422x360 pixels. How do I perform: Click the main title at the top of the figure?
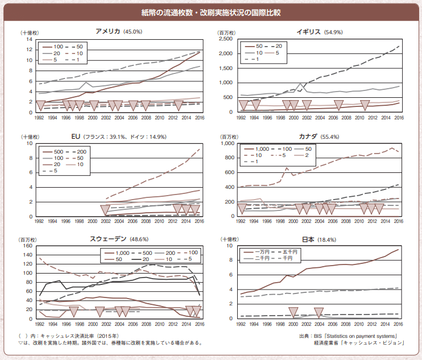click(x=211, y=12)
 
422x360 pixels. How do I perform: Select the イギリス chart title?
click(x=308, y=32)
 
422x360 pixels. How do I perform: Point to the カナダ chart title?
click(x=311, y=136)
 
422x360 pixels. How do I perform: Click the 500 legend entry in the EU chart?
click(x=59, y=152)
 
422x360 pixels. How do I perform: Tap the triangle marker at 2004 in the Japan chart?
click(x=319, y=312)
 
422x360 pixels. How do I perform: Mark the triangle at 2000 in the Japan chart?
click(x=293, y=312)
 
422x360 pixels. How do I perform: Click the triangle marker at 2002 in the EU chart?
click(x=105, y=209)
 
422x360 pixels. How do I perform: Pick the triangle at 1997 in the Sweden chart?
click(x=73, y=311)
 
